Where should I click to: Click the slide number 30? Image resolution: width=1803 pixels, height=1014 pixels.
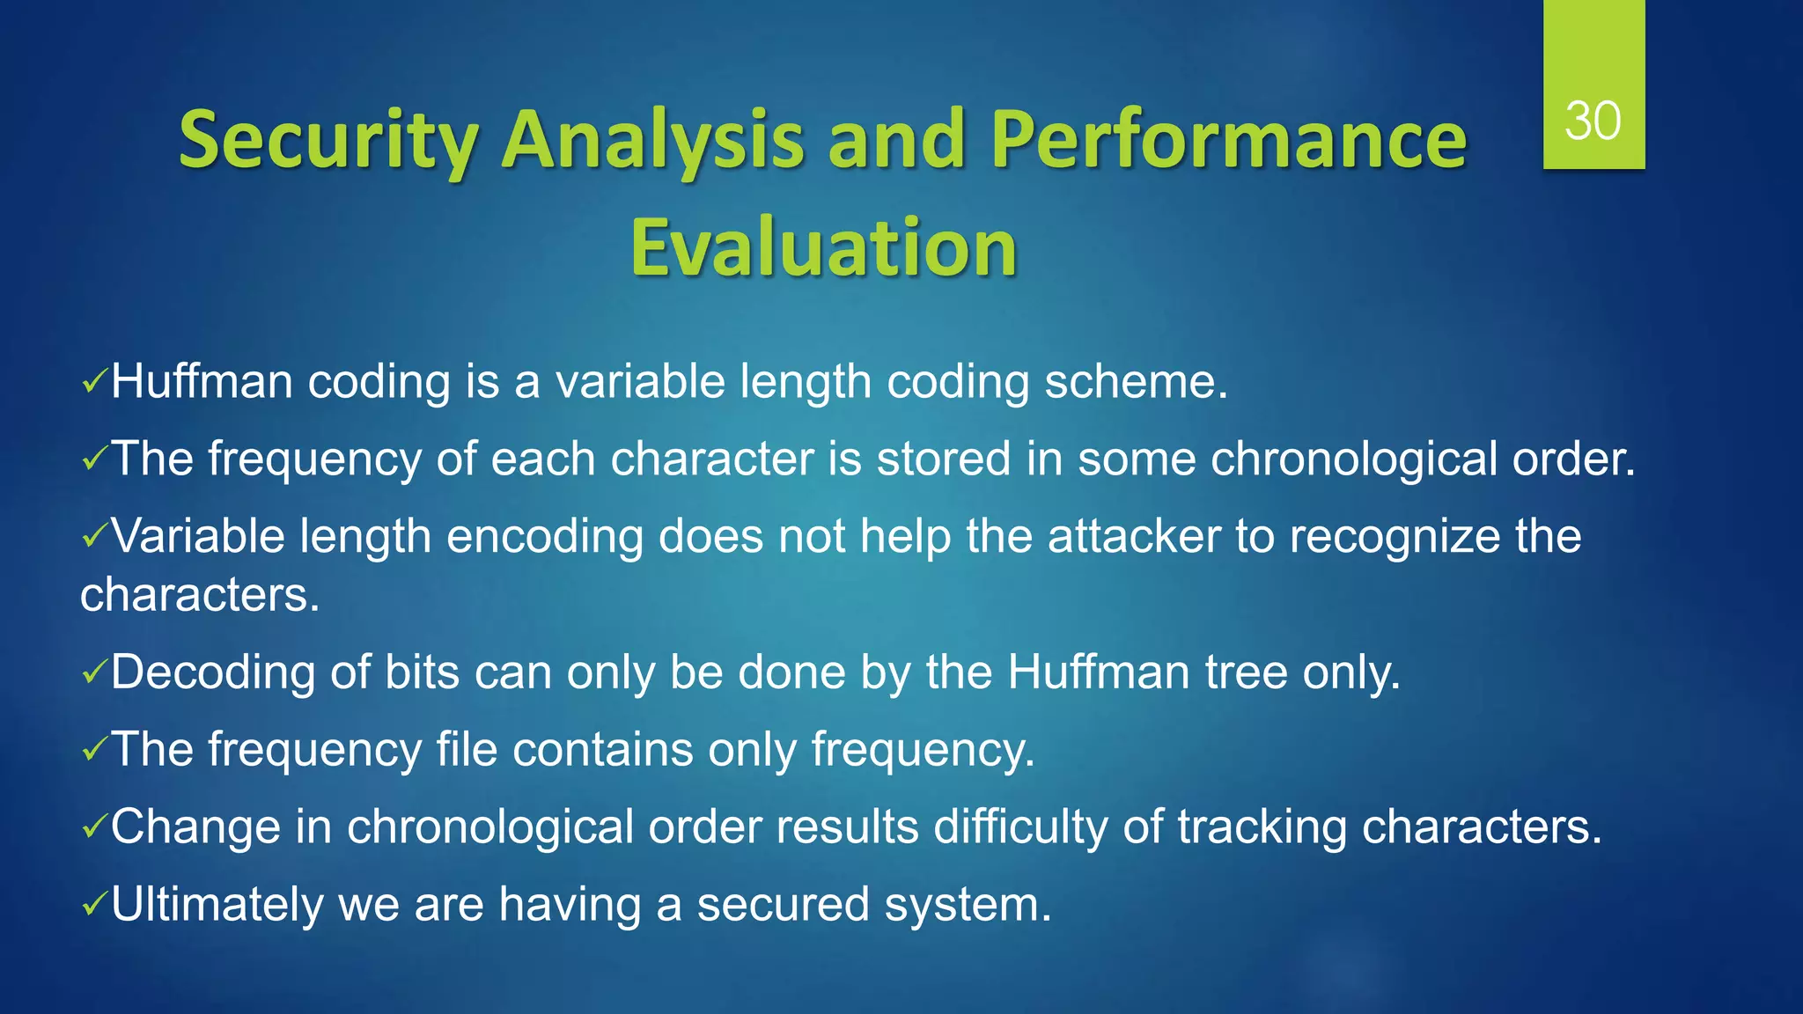1593,121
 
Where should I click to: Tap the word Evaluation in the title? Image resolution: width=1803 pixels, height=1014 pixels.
823,248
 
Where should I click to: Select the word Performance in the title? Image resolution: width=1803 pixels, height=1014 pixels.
1228,141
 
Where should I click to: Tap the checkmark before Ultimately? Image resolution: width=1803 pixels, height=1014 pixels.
93,905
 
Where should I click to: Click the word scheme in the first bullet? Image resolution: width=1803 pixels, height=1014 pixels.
1135,382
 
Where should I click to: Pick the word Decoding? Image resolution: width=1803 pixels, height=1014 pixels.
212,672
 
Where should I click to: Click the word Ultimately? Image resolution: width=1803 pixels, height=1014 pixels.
217,905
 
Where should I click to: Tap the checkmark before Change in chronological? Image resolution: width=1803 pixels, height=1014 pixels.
93,827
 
